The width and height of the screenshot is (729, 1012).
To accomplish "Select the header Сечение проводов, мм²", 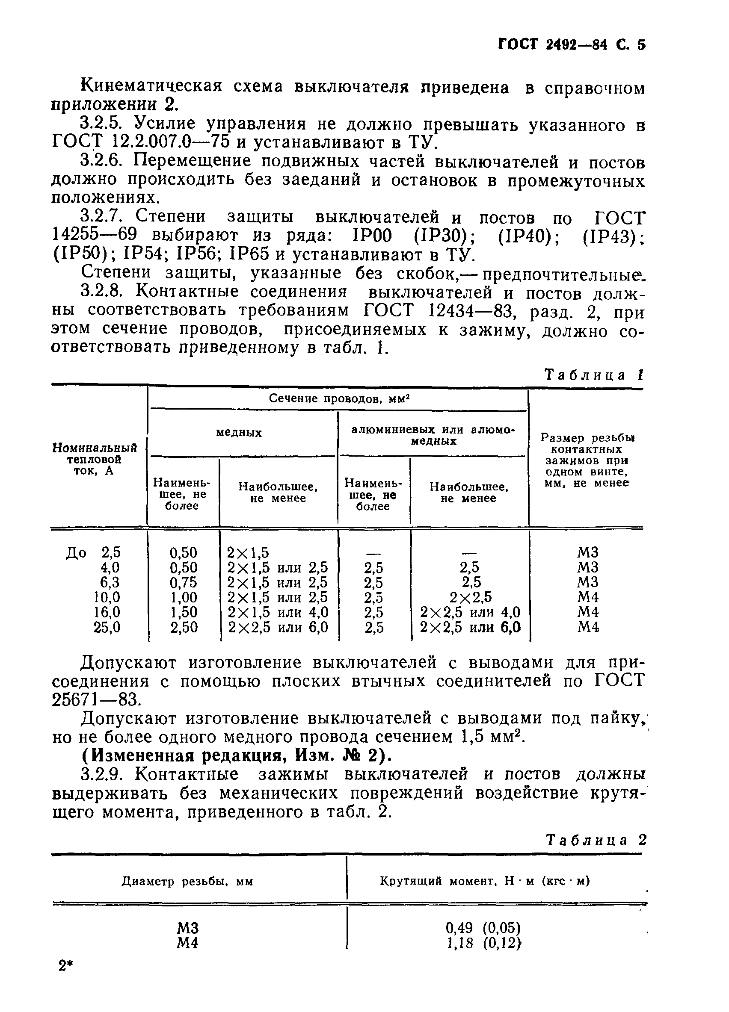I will tap(339, 398).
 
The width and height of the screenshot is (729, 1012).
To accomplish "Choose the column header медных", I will tap(239, 432).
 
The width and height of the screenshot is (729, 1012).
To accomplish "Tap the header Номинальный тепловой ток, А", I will tap(95, 459).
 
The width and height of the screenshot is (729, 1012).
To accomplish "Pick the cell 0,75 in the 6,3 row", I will tap(183, 582).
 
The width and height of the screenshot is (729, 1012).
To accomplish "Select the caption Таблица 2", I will tap(596, 840).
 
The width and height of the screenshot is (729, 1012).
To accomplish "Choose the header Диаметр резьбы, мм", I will tap(187, 881).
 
